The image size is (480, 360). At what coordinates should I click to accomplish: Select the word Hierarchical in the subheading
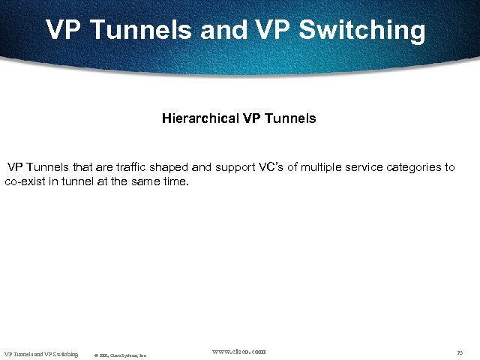199,118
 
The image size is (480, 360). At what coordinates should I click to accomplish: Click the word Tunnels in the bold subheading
289,118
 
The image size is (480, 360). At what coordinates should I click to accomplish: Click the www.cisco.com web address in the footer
238,351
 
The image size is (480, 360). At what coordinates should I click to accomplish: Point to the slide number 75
460,352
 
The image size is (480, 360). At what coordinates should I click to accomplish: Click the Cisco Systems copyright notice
120,355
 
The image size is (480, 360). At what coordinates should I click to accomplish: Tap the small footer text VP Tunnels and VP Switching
41,354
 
